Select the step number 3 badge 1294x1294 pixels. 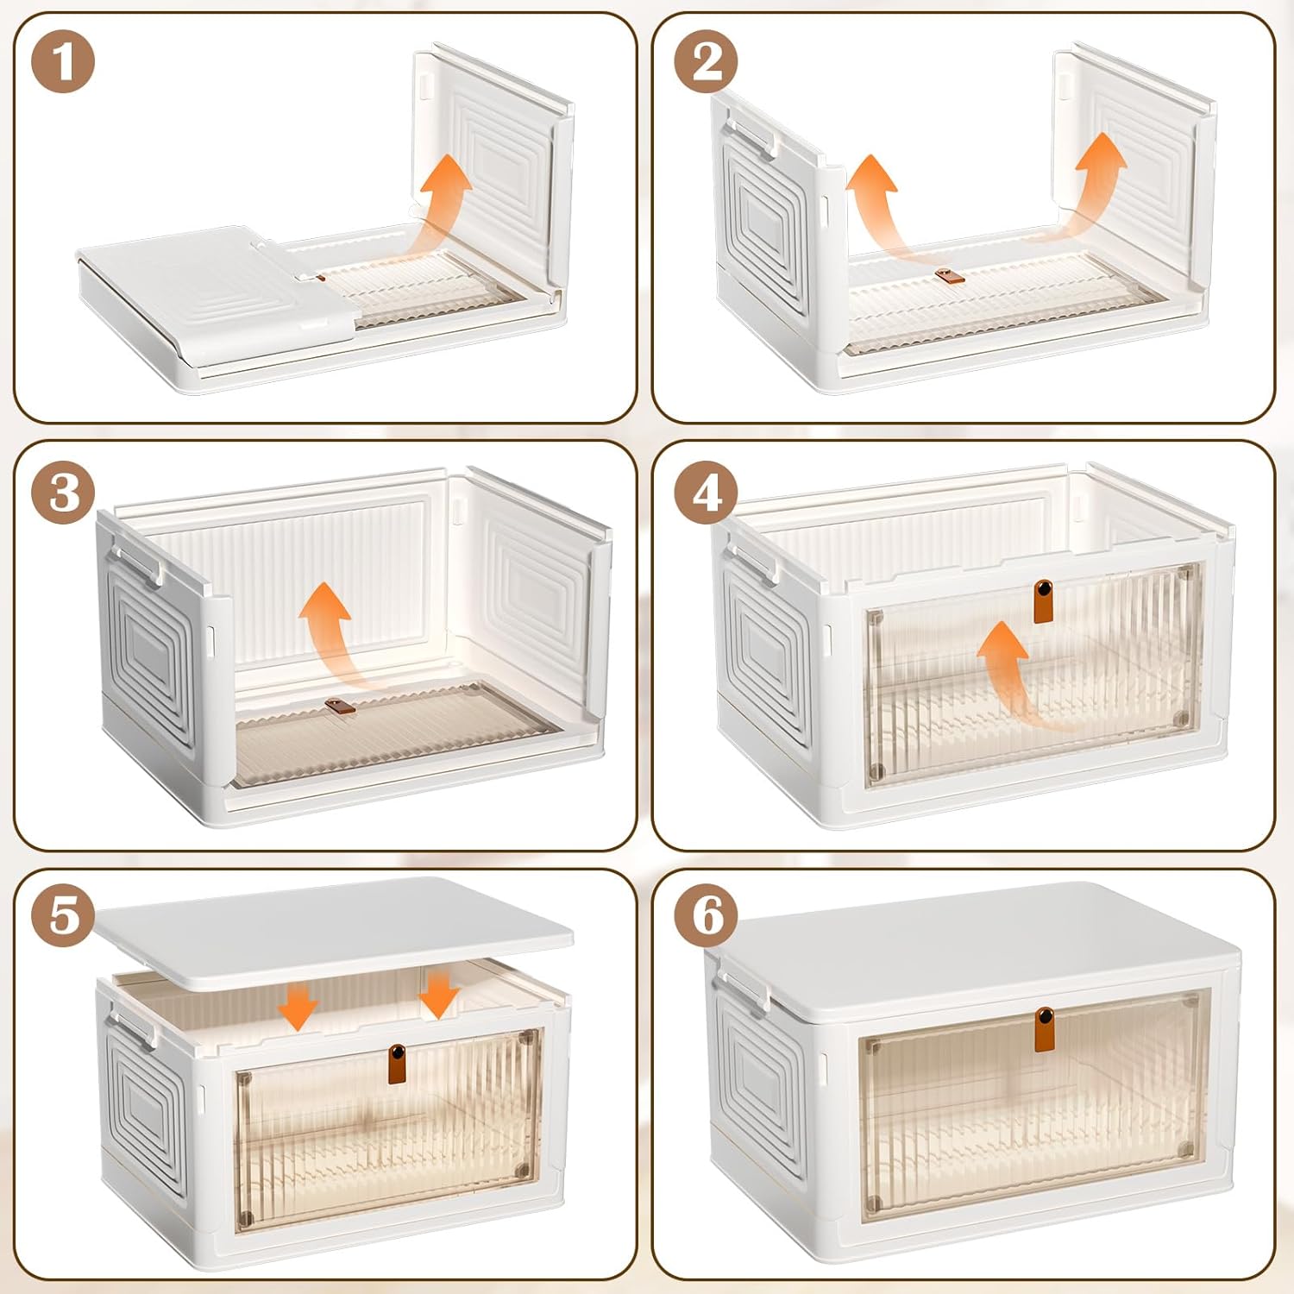click(x=63, y=493)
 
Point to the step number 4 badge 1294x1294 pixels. click(x=707, y=493)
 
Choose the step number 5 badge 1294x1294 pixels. click(x=63, y=915)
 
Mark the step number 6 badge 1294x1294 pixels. click(x=707, y=915)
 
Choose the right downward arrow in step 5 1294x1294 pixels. click(x=439, y=992)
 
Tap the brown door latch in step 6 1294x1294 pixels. click(x=1045, y=1028)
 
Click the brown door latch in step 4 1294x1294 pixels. click(x=1044, y=601)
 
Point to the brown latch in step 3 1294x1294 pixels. click(x=340, y=707)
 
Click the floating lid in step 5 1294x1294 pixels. click(x=336, y=932)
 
